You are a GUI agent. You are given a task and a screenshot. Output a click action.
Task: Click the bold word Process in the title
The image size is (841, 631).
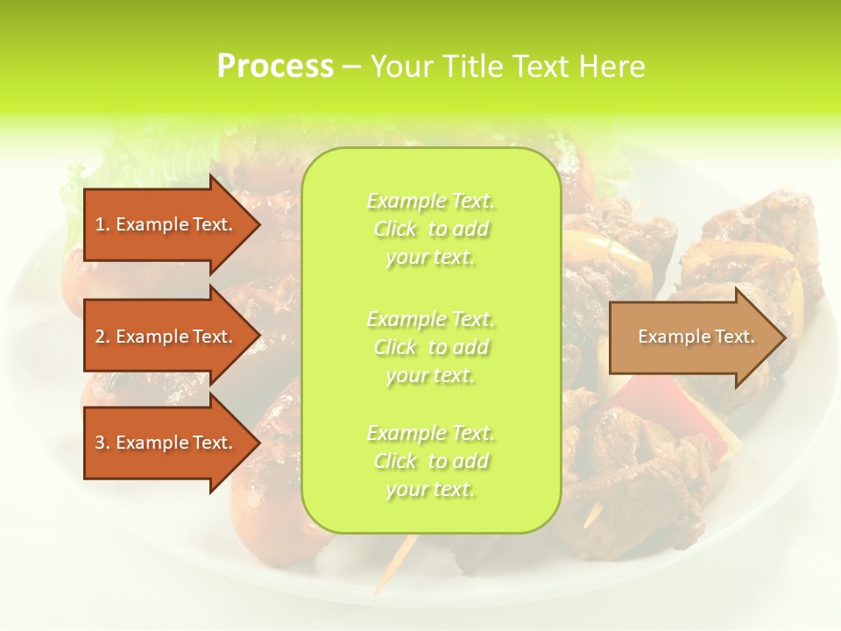(x=275, y=67)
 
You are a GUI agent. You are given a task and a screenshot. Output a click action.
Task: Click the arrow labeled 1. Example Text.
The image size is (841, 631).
(x=166, y=224)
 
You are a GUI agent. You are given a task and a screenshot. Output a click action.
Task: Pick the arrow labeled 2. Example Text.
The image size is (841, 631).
(x=166, y=337)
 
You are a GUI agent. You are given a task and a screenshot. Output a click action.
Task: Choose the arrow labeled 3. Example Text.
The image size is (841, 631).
(x=166, y=443)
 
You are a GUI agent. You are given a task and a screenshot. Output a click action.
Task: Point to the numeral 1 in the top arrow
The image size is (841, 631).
(x=99, y=224)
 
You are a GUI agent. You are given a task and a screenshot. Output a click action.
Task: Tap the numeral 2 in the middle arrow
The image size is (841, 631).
(x=100, y=337)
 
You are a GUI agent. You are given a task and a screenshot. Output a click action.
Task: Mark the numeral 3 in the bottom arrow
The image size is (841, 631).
(x=100, y=443)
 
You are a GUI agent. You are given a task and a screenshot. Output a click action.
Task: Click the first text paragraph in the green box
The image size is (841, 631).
(x=430, y=229)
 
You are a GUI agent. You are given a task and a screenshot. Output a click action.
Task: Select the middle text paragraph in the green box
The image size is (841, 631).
(x=430, y=346)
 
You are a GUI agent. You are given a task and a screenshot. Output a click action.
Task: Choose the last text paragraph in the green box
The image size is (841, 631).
(x=430, y=461)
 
